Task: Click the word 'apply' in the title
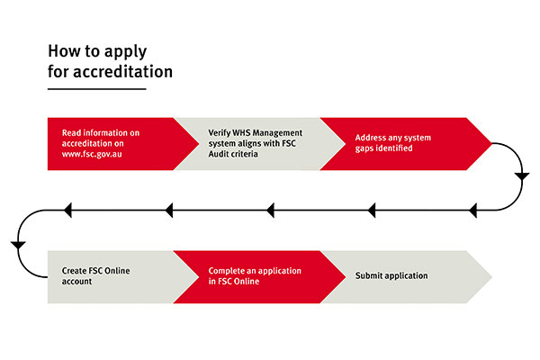tap(125, 52)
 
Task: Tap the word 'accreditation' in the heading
tap(123, 72)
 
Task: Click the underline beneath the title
tap(97, 89)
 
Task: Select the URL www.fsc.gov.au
tap(92, 154)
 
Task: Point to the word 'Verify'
tap(220, 133)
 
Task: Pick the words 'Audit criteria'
tap(233, 154)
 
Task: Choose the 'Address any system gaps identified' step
tap(406, 144)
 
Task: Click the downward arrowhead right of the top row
tap(522, 176)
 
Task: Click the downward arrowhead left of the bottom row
tap(18, 246)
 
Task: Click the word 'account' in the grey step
tap(76, 282)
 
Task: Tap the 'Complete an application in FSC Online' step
tap(259, 277)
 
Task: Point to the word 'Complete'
tap(226, 271)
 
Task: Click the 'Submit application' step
tap(406, 277)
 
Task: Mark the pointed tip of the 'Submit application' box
tap(491, 277)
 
